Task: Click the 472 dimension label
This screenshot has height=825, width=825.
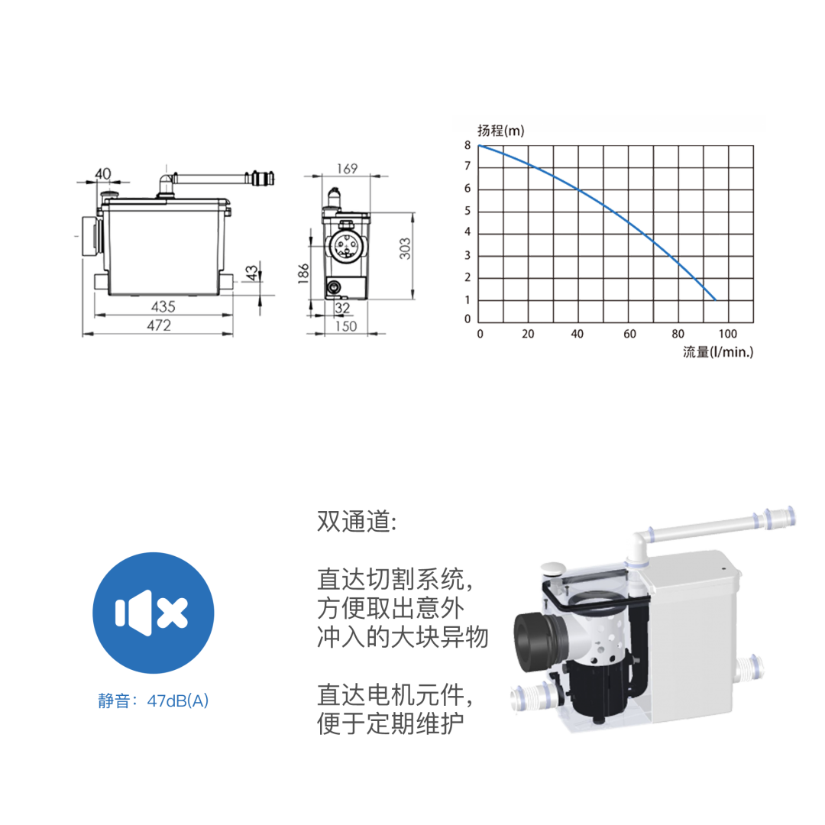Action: (159, 325)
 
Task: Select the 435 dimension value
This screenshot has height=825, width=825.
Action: (163, 306)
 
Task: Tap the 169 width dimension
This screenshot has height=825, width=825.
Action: (348, 168)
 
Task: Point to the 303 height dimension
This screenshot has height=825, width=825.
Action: (405, 248)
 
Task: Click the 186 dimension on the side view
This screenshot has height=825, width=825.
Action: (303, 273)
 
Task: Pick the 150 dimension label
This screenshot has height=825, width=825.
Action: (346, 326)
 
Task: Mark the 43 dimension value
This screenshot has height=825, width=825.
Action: (252, 273)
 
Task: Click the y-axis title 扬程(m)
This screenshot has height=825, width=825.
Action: (501, 131)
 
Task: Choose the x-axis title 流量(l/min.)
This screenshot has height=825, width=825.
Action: (718, 352)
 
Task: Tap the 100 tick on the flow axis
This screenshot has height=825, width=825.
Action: (728, 334)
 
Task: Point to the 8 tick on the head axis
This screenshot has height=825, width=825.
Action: (467, 145)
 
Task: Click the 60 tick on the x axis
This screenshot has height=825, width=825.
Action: (629, 334)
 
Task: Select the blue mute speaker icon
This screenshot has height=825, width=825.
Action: (153, 613)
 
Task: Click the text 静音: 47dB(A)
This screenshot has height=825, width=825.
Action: (153, 700)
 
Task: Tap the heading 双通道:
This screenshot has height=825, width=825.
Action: (357, 522)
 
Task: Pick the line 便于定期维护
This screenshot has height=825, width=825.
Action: (390, 723)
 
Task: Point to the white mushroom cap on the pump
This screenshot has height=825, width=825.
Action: (553, 568)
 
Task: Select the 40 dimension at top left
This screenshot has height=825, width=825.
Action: (103, 173)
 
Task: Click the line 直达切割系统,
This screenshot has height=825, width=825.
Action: (395, 579)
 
